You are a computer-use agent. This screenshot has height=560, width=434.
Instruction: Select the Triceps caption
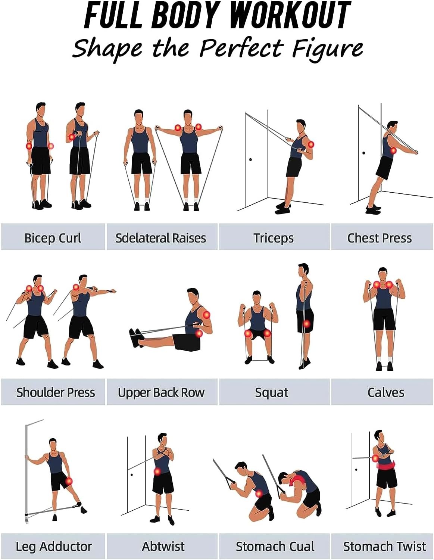coord(274,238)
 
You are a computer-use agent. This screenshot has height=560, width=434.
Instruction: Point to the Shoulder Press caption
coord(56,392)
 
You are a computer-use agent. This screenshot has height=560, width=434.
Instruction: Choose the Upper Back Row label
coord(161,392)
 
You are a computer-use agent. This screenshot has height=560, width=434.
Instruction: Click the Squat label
coord(272,393)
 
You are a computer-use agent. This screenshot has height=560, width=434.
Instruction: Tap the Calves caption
coord(386,392)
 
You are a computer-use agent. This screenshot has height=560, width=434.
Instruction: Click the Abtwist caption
coord(163,546)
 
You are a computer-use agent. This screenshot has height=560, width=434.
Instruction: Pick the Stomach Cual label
coord(275,546)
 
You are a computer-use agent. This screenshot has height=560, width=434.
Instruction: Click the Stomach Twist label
coord(384,546)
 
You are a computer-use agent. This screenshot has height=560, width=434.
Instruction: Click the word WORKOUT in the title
coord(291,15)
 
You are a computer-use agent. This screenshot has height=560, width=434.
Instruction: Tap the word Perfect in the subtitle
coord(241,48)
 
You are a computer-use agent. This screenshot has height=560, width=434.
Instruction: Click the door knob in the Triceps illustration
coord(250,159)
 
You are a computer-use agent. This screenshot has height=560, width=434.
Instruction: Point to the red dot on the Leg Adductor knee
coord(69,481)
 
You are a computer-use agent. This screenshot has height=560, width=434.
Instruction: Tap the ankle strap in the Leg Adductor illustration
coord(77,505)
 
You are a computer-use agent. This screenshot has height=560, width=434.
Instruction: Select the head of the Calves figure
coord(383,274)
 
